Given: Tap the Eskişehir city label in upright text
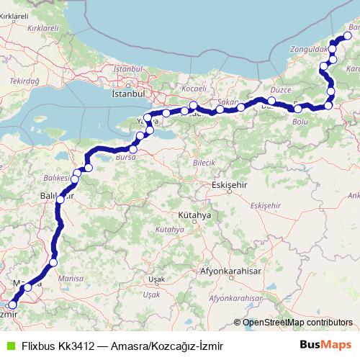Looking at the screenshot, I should click(230, 185).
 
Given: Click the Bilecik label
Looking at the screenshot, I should click(204, 163).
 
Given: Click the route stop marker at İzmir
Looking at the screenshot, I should click(12, 305).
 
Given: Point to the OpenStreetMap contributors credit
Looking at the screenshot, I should click(297, 323).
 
